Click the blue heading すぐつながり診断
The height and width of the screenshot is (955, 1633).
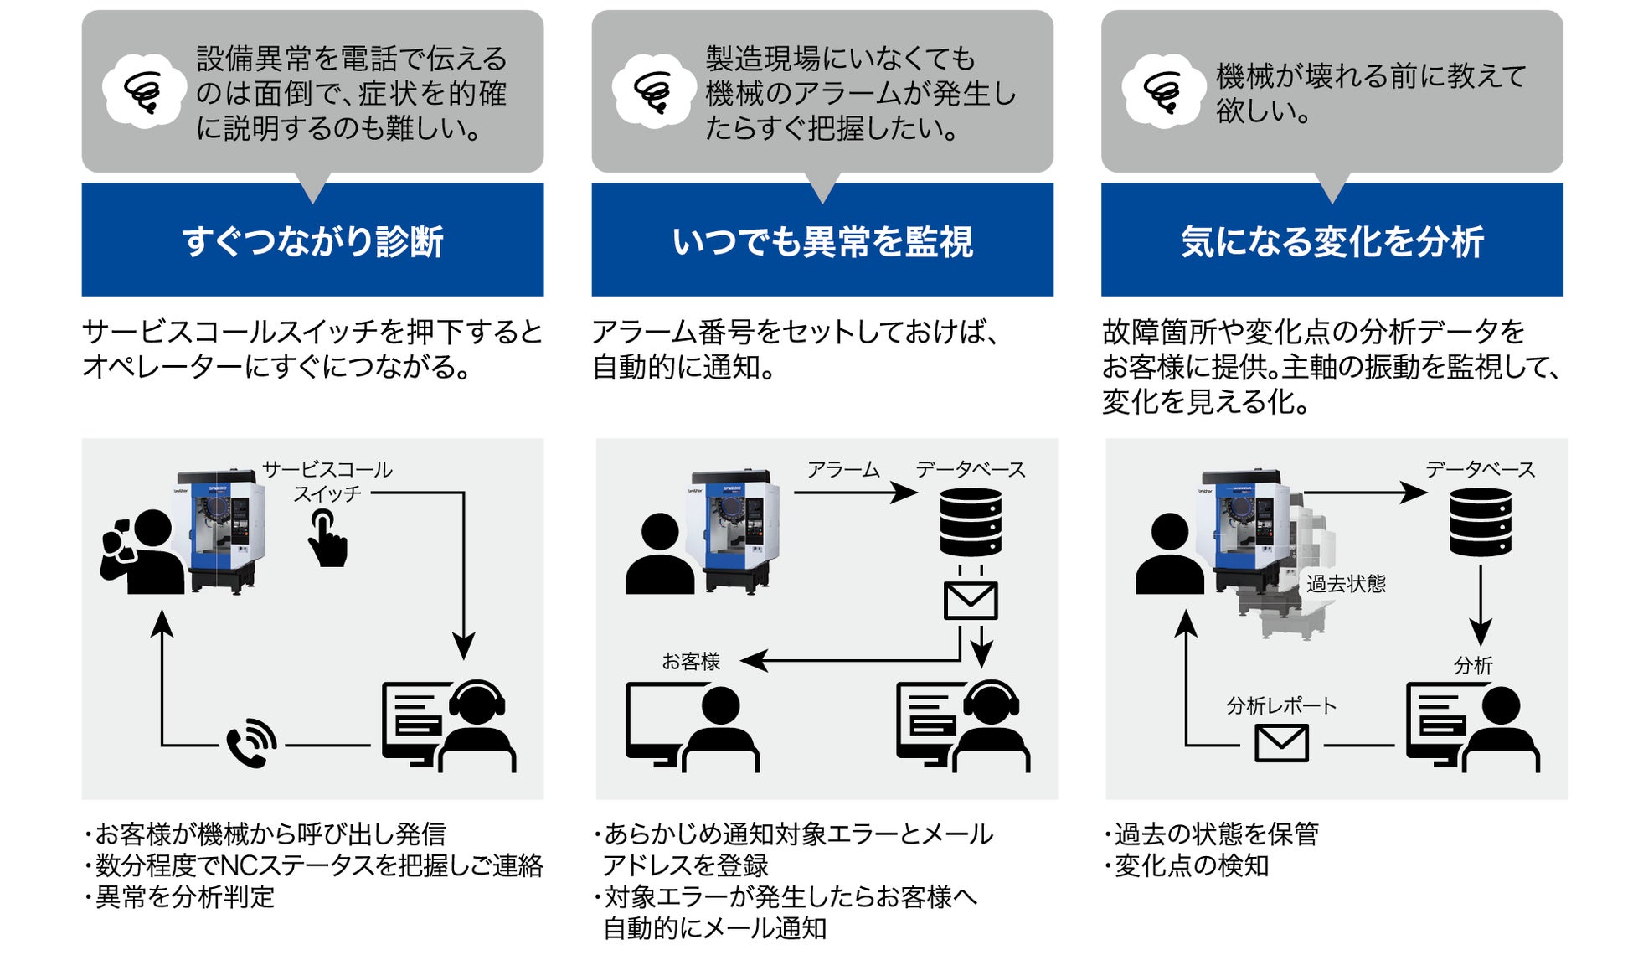[x=312, y=241]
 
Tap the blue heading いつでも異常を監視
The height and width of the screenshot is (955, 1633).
[x=822, y=241]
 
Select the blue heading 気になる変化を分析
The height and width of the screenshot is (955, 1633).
[x=1332, y=241]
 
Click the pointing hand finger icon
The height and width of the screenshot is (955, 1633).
[x=327, y=539]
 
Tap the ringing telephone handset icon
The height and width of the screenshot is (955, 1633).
[x=251, y=742]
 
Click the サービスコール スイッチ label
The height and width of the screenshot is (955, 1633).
[x=327, y=481]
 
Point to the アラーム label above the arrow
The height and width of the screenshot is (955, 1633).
[x=842, y=470]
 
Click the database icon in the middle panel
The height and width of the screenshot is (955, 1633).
[x=971, y=522]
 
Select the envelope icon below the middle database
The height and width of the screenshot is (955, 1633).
[x=971, y=600]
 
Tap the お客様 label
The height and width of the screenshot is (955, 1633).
[x=691, y=662]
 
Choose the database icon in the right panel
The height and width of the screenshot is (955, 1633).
[x=1481, y=522]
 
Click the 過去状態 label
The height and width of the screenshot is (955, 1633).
[x=1346, y=583]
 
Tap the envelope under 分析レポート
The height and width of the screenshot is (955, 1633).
[x=1281, y=742]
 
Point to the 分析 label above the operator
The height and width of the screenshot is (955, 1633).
[x=1473, y=665]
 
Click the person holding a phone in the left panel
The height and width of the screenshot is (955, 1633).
[x=142, y=553]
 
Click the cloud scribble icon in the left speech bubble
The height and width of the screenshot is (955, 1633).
[x=143, y=91]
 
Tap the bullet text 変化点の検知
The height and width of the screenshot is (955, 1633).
[x=1191, y=865]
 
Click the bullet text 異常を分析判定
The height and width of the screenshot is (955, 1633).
[x=184, y=896]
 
